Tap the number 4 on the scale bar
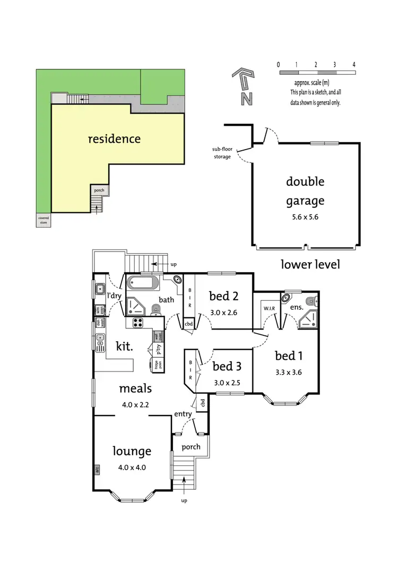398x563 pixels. pyautogui.click(x=354, y=64)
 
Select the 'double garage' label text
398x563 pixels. pyautogui.click(x=305, y=191)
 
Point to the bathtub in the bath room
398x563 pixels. pyautogui.click(x=142, y=282)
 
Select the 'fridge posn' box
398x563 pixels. pyautogui.click(x=157, y=364)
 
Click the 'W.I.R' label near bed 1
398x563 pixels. pyautogui.click(x=267, y=308)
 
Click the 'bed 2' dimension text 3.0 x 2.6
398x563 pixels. pyautogui.click(x=223, y=312)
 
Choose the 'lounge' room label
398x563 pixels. pyautogui.click(x=132, y=451)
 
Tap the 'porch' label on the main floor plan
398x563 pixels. pyautogui.click(x=191, y=447)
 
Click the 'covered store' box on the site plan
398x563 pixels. pyautogui.click(x=44, y=220)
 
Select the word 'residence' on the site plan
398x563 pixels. pyautogui.click(x=114, y=139)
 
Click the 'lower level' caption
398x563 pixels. pyautogui.click(x=310, y=264)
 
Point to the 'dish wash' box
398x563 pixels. pyautogui.click(x=99, y=323)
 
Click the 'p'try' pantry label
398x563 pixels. pyautogui.click(x=158, y=349)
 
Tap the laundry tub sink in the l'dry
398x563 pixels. pyautogui.click(x=99, y=289)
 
